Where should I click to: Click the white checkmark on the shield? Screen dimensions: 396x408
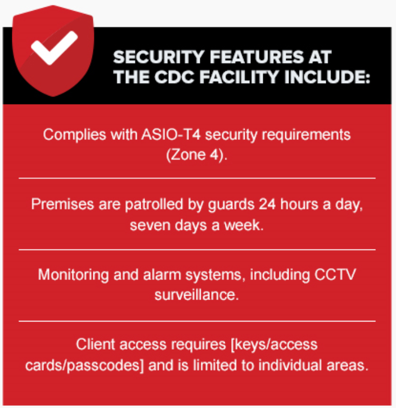click(x=54, y=48)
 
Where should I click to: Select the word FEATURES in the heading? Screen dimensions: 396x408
click(x=256, y=57)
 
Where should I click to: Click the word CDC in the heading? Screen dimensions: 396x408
click(x=174, y=77)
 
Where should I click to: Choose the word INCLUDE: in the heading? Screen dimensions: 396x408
click(x=327, y=77)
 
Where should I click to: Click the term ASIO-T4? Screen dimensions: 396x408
click(x=171, y=135)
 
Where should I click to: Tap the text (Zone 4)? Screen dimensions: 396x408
click(x=197, y=155)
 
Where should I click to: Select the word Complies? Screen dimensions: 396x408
click(x=74, y=135)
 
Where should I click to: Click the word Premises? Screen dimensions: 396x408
click(x=62, y=204)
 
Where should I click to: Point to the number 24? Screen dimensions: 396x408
click(x=267, y=204)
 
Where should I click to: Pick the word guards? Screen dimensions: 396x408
click(x=231, y=205)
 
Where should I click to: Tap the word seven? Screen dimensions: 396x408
click(x=150, y=225)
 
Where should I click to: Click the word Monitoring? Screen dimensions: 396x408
click(x=74, y=275)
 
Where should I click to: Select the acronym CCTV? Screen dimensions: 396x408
click(x=335, y=274)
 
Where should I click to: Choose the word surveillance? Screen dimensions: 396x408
click(x=197, y=295)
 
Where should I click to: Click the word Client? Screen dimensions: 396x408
click(x=96, y=344)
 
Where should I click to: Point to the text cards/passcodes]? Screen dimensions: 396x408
click(x=84, y=365)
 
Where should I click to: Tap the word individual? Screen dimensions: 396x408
click(x=290, y=365)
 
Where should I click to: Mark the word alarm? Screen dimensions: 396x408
click(x=162, y=274)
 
